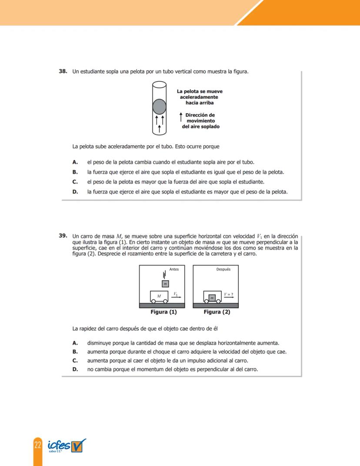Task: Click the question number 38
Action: [63, 71]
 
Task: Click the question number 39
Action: [63, 235]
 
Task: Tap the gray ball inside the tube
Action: [160, 106]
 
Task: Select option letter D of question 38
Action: [75, 191]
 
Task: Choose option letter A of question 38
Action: [75, 162]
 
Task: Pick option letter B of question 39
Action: [75, 352]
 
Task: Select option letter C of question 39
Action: [75, 361]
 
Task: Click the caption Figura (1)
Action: [163, 312]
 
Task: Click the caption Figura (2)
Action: [217, 312]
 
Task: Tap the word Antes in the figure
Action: [174, 269]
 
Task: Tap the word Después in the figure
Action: [223, 269]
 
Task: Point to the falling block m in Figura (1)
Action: [165, 284]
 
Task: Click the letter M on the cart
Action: [159, 296]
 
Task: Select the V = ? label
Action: [229, 295]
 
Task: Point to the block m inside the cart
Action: [212, 298]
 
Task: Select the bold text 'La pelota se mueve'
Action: [200, 91]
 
